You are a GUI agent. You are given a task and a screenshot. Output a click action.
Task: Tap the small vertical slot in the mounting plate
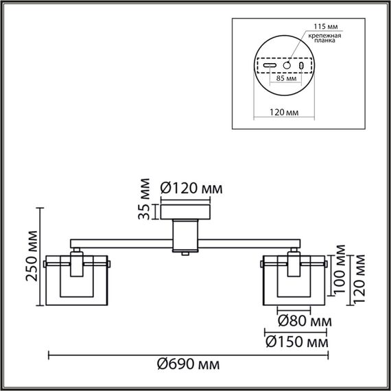[303, 64]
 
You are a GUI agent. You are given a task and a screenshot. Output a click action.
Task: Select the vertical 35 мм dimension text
[143, 199]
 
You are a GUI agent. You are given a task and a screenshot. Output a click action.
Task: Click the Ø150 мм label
[296, 341]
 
